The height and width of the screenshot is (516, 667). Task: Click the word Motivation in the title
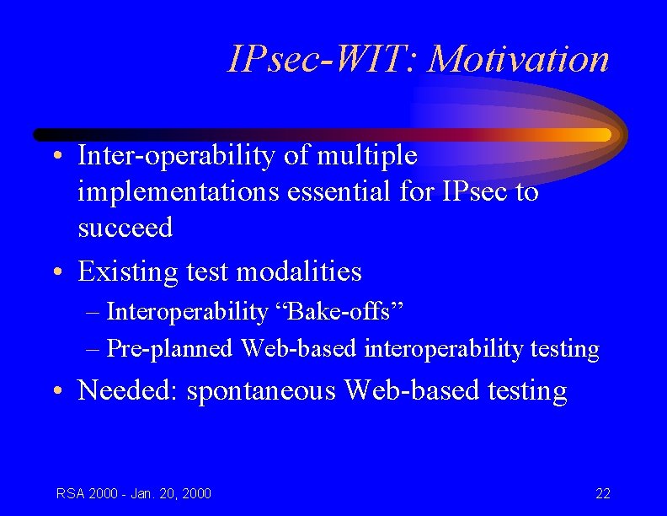click(518, 59)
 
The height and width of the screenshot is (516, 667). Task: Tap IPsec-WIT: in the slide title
click(323, 59)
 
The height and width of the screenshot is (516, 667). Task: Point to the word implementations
click(179, 192)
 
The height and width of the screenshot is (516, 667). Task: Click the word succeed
click(125, 228)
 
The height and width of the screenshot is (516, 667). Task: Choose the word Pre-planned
click(170, 349)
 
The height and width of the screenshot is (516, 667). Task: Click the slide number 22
click(602, 493)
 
